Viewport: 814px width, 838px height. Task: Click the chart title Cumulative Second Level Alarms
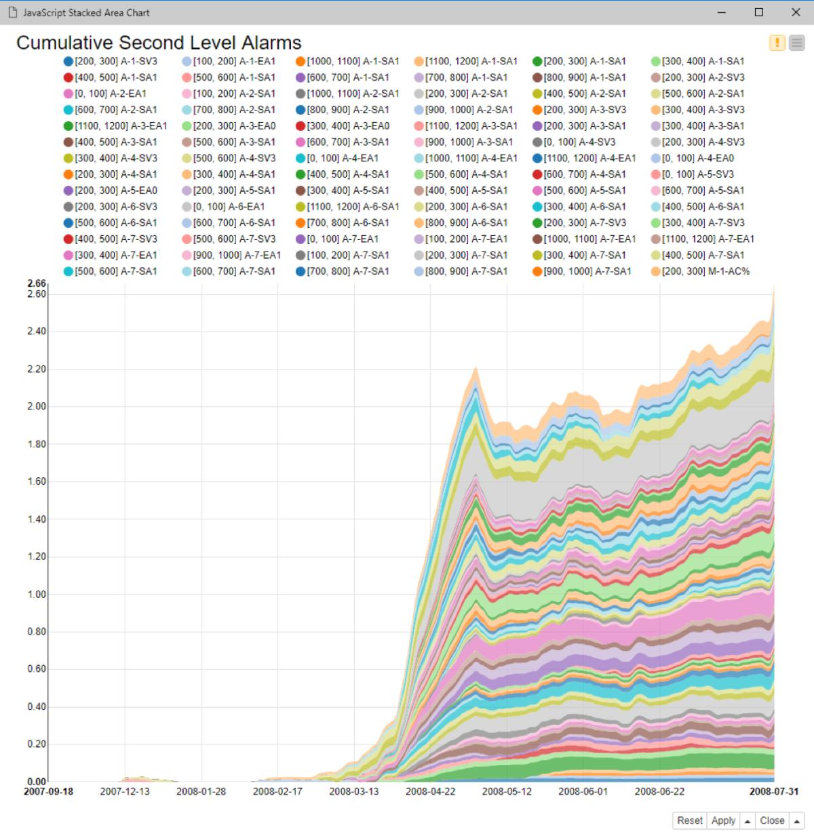point(159,43)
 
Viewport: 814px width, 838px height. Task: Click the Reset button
point(689,820)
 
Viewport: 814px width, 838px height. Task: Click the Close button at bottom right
point(772,820)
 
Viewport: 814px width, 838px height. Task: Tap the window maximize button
point(759,12)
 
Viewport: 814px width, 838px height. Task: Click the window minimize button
point(722,12)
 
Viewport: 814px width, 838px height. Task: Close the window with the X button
point(796,12)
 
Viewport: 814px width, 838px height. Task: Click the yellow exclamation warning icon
point(777,43)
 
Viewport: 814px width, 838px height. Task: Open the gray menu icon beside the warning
point(796,43)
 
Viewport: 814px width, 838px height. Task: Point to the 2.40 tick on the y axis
point(37,332)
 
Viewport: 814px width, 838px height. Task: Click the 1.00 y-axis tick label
point(37,595)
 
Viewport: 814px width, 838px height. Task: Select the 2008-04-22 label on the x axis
point(430,791)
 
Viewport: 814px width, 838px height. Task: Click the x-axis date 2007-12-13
point(125,791)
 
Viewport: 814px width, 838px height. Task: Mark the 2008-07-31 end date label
point(773,791)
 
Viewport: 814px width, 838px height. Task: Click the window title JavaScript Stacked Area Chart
point(86,12)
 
